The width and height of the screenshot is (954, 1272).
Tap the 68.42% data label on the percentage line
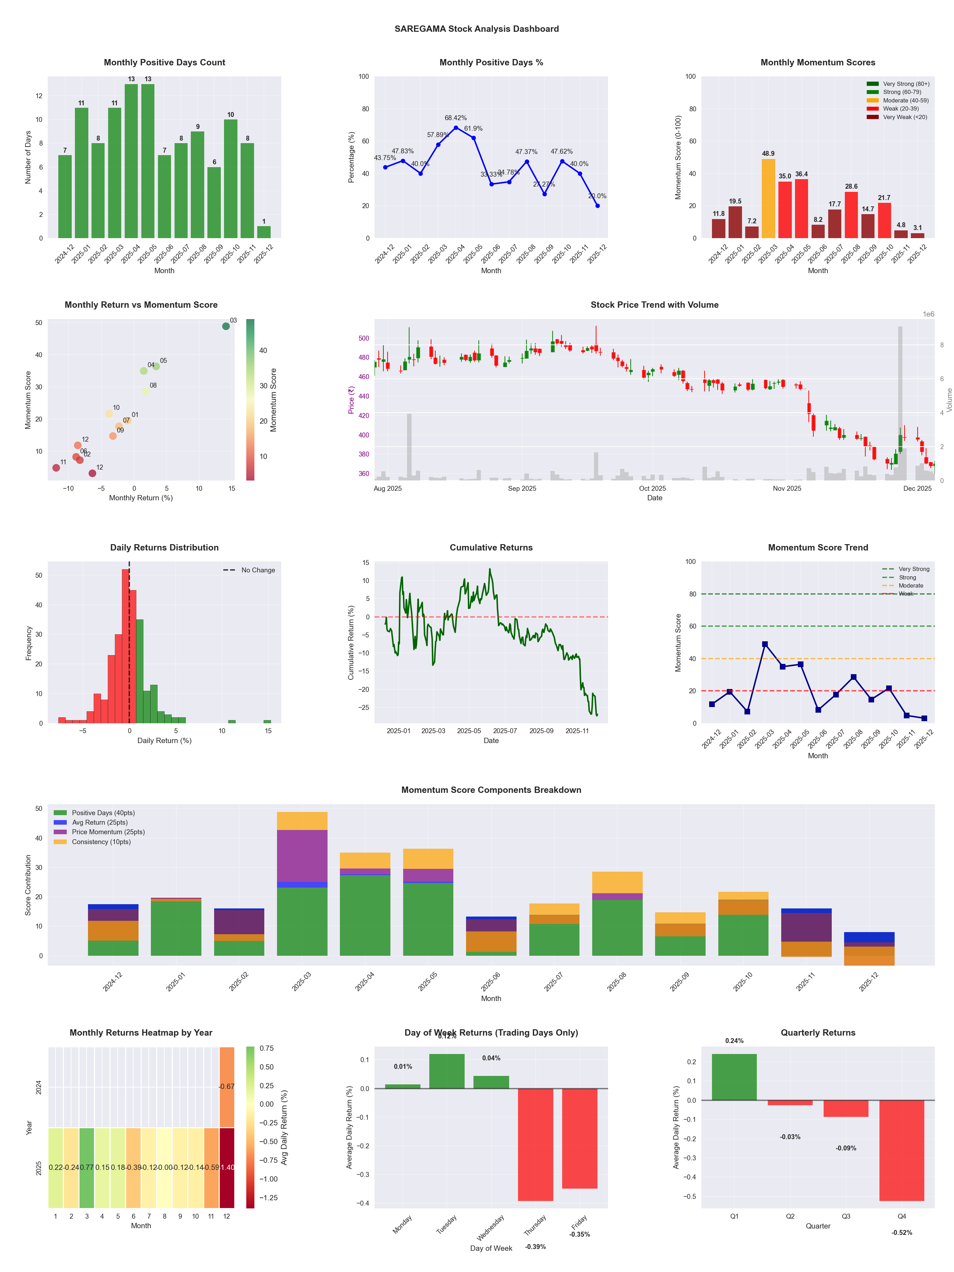tap(455, 118)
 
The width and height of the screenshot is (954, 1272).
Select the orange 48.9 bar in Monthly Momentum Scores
tap(768, 198)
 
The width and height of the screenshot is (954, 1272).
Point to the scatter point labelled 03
tap(226, 326)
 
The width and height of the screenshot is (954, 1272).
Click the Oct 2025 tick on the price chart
tap(652, 488)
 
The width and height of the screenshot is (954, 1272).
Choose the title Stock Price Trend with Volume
tap(654, 305)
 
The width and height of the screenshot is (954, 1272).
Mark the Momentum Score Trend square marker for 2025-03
tap(765, 644)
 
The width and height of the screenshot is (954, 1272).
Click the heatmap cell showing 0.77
tap(87, 1167)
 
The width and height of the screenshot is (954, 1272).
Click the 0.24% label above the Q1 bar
tap(734, 1041)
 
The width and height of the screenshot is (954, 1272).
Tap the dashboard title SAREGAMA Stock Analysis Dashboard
tap(476, 29)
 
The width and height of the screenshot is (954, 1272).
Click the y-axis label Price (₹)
tap(351, 400)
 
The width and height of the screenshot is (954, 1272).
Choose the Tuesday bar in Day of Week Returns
tap(447, 1071)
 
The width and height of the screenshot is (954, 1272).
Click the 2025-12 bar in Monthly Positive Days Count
tap(264, 232)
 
